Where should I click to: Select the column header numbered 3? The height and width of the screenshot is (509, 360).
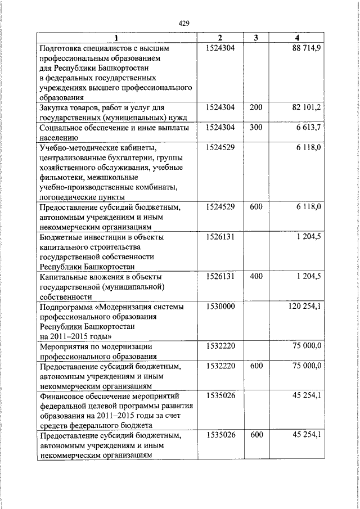click(255, 38)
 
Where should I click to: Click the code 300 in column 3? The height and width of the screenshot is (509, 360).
click(256, 128)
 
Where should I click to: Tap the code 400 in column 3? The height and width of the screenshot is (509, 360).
click(256, 276)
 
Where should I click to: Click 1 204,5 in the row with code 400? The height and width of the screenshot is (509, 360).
click(309, 276)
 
